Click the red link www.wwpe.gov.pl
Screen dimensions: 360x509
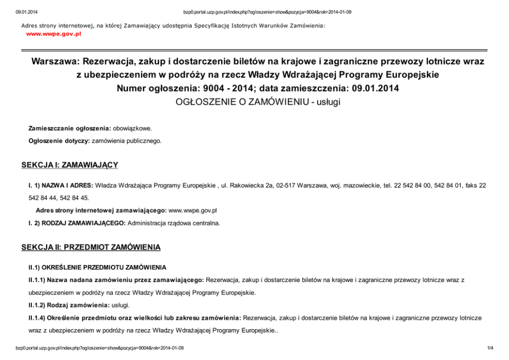(53, 34)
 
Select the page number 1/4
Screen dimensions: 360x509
(490, 348)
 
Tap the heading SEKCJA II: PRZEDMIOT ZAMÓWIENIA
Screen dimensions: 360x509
(91, 248)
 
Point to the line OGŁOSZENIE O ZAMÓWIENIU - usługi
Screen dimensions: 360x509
(258, 102)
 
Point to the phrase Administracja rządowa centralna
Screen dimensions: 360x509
(173, 223)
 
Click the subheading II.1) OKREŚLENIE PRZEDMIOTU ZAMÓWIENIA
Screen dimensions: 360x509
(97, 268)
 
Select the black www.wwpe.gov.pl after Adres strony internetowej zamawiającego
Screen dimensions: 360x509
(193, 211)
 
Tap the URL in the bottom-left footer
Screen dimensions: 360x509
(100, 348)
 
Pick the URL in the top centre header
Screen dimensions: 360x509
(267, 12)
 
